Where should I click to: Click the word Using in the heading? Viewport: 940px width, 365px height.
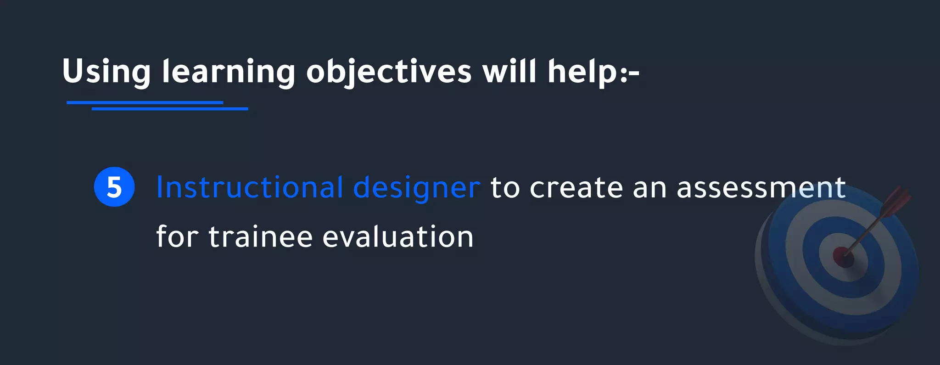pyautogui.click(x=106, y=72)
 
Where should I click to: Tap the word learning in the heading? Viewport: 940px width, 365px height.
pyautogui.click(x=228, y=72)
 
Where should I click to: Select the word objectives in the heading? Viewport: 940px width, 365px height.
pyautogui.click(x=389, y=72)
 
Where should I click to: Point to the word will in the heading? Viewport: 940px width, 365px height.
pyautogui.click(x=509, y=72)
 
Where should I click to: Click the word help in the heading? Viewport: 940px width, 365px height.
pyautogui.click(x=582, y=72)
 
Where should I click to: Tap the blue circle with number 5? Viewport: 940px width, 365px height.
pyautogui.click(x=114, y=187)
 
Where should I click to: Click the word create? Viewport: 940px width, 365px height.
pyautogui.click(x=576, y=187)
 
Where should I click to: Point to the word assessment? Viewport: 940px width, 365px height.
pyautogui.click(x=761, y=187)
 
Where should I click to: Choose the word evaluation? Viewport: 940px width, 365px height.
pyautogui.click(x=398, y=237)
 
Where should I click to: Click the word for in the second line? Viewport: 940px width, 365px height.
pyautogui.click(x=177, y=237)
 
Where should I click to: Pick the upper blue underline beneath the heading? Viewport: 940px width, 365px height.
pyautogui.click(x=145, y=102)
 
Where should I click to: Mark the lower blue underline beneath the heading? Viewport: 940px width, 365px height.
pyautogui.click(x=170, y=109)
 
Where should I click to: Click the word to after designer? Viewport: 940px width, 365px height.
pyautogui.click(x=505, y=187)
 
